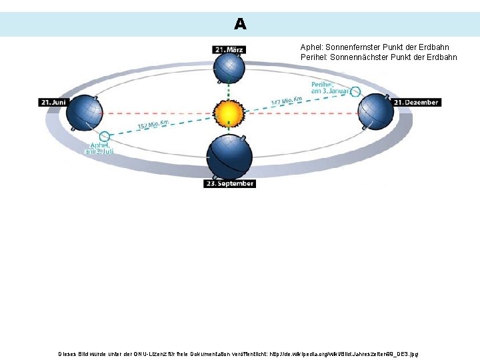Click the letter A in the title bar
tap(240, 25)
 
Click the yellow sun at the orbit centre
tap(229, 112)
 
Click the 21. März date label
tap(229, 49)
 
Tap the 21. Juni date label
tap(53, 102)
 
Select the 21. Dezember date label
tap(416, 102)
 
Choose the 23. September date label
tap(230, 183)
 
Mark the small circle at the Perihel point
tap(355, 91)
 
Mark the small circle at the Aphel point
tap(104, 136)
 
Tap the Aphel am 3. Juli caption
tap(99, 147)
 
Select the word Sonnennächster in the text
tap(354, 57)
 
